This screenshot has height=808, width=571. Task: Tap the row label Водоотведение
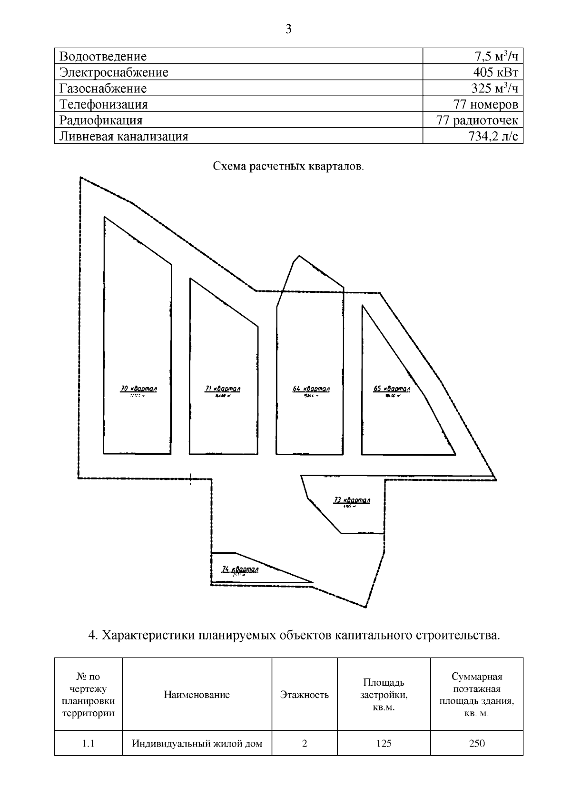pyautogui.click(x=103, y=57)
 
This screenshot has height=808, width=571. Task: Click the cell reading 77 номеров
pyautogui.click(x=486, y=104)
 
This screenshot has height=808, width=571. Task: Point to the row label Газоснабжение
pyautogui.click(x=103, y=89)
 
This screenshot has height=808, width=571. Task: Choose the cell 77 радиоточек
pyautogui.click(x=477, y=120)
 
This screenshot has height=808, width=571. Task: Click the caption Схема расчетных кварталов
pyautogui.click(x=288, y=167)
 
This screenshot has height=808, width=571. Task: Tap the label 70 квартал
pyautogui.click(x=138, y=389)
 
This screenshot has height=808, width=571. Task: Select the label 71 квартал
pyautogui.click(x=222, y=389)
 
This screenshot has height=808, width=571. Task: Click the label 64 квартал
pyautogui.click(x=311, y=389)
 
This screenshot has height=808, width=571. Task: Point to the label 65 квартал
pyautogui.click(x=392, y=389)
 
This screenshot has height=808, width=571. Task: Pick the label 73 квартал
pyautogui.click(x=352, y=500)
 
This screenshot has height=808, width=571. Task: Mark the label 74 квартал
pyautogui.click(x=240, y=569)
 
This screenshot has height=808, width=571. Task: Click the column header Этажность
pyautogui.click(x=305, y=695)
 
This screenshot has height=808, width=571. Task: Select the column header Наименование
pyautogui.click(x=197, y=695)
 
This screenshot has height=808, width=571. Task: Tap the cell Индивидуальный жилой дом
pyautogui.click(x=197, y=743)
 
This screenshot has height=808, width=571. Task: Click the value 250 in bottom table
pyautogui.click(x=477, y=743)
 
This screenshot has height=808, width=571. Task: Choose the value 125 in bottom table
pyautogui.click(x=384, y=743)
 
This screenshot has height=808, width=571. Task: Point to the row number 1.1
pyautogui.click(x=88, y=743)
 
